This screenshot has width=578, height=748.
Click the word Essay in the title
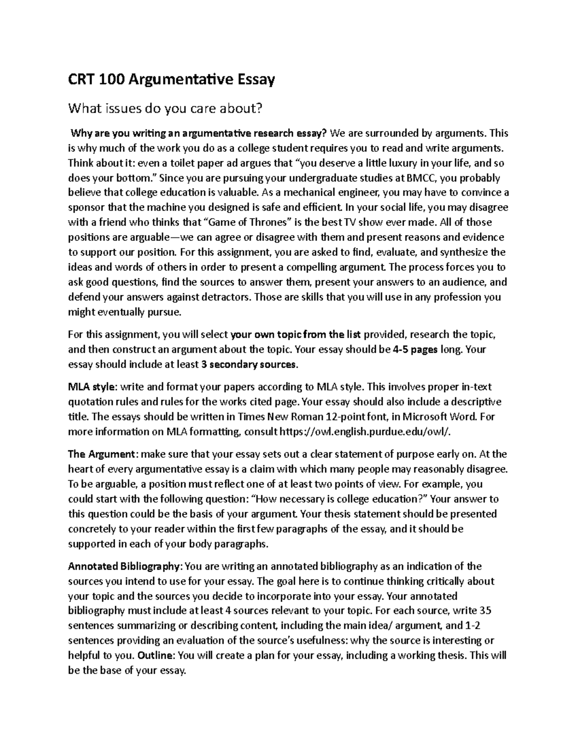[254, 80]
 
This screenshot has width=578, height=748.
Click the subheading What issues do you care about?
[166, 109]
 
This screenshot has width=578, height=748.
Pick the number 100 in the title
[110, 80]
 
